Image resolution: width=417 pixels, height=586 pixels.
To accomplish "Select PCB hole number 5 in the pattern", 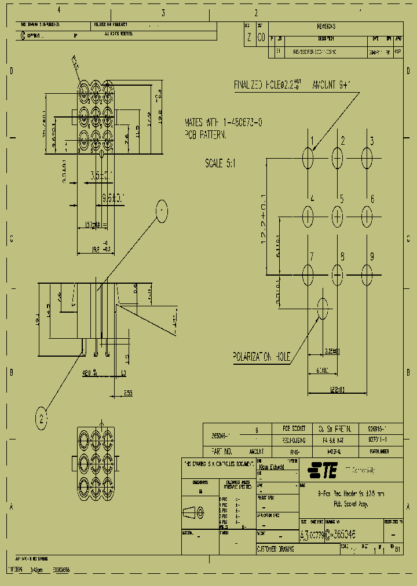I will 338,215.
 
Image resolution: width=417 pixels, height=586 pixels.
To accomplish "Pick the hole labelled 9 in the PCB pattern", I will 367,272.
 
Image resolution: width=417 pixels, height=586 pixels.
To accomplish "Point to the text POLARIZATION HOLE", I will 262,357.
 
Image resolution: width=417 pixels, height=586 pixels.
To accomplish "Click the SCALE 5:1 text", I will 221,164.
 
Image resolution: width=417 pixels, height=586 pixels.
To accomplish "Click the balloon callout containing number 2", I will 41,417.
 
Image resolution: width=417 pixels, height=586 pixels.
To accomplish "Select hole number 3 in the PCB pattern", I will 367,158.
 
